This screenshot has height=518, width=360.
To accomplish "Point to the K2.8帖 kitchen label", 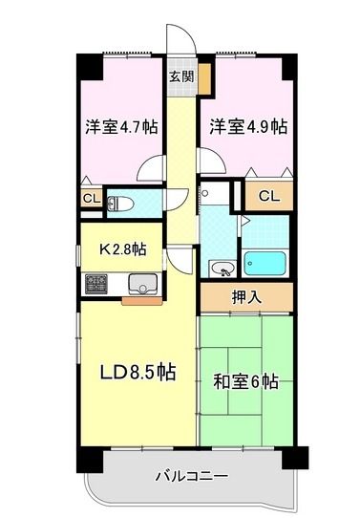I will point(123,250).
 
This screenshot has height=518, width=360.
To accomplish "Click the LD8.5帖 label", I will point(138,372).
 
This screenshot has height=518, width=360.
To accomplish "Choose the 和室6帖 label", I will point(245,381).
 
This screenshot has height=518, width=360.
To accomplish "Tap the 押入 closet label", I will point(246,297).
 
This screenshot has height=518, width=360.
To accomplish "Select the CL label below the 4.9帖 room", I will point(269,196).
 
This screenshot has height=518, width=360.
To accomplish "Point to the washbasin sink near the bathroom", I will point(222,266).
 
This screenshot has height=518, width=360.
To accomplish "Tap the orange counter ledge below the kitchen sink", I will point(142,300).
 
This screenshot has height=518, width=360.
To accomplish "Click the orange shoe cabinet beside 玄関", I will point(203,80).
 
